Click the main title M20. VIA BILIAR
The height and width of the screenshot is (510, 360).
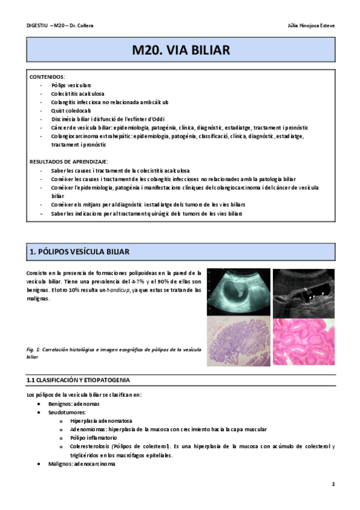181,51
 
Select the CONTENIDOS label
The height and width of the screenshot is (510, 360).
47,77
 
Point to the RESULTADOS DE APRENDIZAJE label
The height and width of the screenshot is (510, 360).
69,162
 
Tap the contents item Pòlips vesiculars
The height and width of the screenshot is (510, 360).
72,85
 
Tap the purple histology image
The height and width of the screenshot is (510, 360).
238,342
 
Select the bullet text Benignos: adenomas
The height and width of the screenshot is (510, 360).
77,404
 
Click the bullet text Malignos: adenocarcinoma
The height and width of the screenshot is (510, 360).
82,464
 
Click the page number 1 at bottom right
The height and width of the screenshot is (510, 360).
332,484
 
